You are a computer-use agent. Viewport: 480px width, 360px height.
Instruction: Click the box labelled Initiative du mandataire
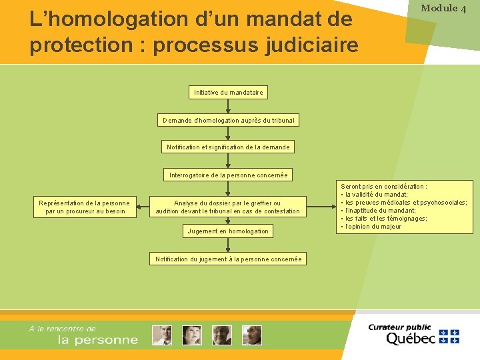[228, 92]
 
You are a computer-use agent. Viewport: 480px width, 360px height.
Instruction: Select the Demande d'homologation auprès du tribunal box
[228, 120]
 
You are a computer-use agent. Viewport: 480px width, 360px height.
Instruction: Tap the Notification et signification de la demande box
[228, 147]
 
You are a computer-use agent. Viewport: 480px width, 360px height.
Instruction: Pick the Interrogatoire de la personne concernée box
[228, 175]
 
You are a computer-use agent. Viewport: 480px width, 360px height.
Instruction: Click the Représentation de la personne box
[84, 207]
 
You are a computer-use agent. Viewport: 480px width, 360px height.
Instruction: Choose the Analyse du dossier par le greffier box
[228, 207]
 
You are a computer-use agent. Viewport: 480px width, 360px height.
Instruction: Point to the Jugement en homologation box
[228, 231]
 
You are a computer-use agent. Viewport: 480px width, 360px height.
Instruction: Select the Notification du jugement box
[228, 259]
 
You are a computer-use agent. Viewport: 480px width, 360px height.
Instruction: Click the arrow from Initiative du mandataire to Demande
[228, 106]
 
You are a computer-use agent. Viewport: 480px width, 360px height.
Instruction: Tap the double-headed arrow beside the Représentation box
[143, 207]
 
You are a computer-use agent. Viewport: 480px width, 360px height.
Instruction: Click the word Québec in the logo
[410, 338]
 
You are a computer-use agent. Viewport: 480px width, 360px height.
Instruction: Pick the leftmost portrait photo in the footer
[161, 335]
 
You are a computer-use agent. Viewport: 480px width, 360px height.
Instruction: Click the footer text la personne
[98, 340]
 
